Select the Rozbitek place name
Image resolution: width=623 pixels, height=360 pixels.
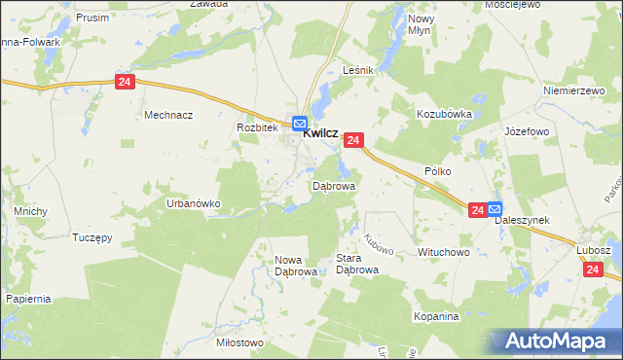(258, 127)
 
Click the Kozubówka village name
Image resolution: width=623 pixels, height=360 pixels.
(444, 114)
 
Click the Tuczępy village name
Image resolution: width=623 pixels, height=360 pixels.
(96, 236)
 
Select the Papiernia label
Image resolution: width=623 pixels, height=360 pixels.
(27, 299)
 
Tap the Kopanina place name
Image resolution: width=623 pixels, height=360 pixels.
(435, 317)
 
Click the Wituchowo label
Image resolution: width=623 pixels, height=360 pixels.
(444, 252)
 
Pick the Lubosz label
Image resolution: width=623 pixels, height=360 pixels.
(593, 249)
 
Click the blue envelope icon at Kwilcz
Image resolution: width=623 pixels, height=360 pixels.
(300, 125)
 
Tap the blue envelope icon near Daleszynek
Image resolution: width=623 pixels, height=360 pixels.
(495, 208)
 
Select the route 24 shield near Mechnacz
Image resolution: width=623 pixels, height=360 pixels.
(124, 83)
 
